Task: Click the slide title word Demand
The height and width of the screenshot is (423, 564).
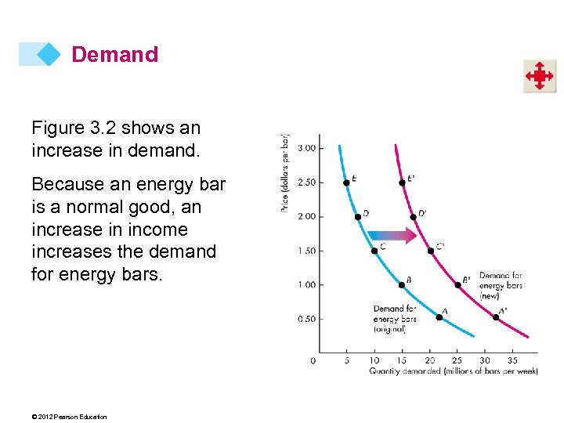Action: tap(114, 55)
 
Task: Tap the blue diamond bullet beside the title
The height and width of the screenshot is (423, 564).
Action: tap(49, 54)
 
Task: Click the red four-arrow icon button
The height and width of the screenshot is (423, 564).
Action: tap(540, 76)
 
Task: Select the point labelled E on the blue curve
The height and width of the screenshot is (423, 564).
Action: tap(346, 183)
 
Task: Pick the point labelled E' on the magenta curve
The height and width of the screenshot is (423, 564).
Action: tap(402, 183)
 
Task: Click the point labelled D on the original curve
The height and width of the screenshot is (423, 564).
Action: tap(357, 216)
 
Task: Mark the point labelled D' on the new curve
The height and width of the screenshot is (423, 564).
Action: tap(413, 216)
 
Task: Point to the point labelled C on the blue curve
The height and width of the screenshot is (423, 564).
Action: tap(374, 251)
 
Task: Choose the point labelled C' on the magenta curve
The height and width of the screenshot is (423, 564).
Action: tap(430, 251)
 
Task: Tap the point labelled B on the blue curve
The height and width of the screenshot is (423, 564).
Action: tap(402, 284)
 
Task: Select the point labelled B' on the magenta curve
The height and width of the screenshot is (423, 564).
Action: tap(457, 284)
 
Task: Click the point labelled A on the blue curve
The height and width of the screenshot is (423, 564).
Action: tap(439, 317)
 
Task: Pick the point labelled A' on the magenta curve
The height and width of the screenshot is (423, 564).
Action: tap(495, 317)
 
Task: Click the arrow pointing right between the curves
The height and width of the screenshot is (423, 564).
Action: tap(395, 234)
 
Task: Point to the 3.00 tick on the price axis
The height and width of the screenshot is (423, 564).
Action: tap(307, 148)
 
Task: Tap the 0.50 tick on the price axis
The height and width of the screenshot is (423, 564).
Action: tap(307, 319)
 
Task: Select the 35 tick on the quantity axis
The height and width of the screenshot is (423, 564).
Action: tap(513, 360)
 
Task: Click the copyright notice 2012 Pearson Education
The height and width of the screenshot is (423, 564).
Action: tap(70, 417)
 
